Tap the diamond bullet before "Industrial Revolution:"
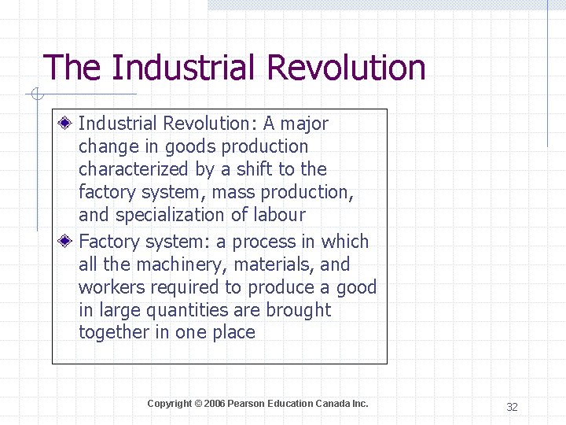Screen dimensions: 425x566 68,124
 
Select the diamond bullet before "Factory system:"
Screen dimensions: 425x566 68,242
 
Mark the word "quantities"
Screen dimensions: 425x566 165,310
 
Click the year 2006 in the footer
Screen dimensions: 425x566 214,404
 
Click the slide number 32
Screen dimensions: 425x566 512,407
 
